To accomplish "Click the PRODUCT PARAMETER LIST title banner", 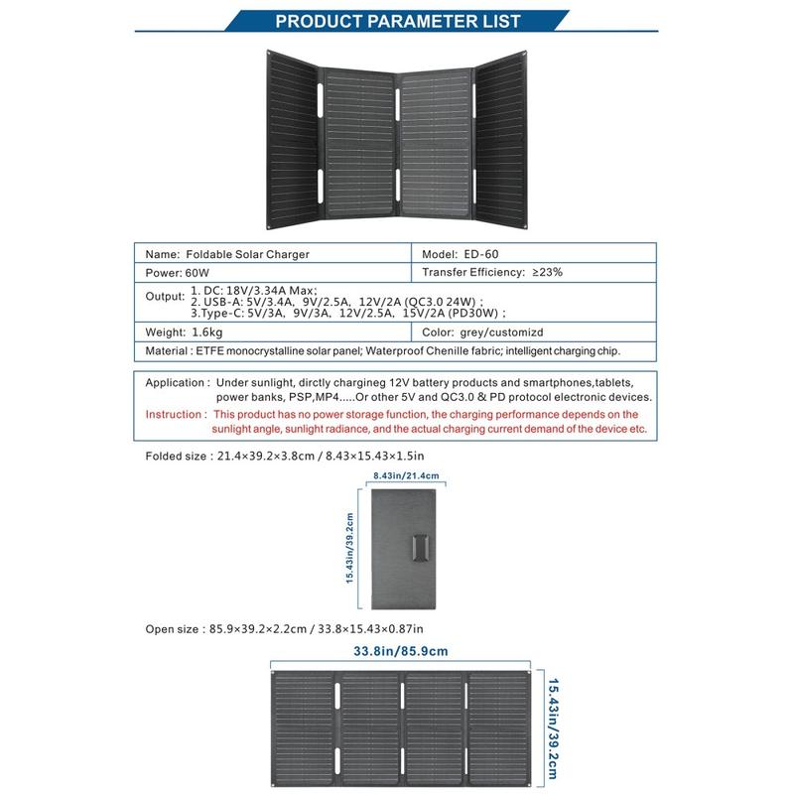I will click(397, 21).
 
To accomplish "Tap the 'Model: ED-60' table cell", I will click(467, 254).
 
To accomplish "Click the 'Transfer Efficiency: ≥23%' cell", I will click(492, 272).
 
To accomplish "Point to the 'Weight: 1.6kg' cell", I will click(184, 333).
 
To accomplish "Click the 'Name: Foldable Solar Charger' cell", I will click(227, 254).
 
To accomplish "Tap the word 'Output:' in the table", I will click(166, 297).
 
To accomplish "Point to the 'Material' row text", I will click(387, 351).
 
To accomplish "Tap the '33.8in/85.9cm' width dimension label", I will click(401, 652).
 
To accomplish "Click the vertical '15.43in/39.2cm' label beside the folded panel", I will click(349, 548).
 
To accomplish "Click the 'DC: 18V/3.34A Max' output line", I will click(249, 288).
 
